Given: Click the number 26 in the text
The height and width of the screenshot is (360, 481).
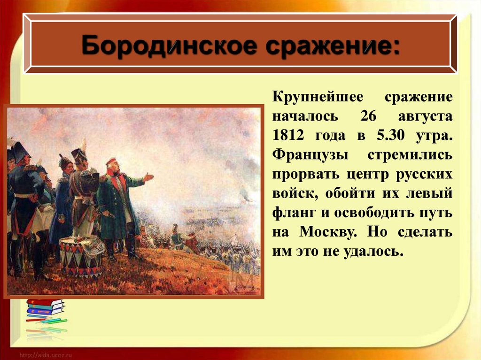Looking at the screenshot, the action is point(368,116).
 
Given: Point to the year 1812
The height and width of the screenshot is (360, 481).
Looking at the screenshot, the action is point(288,135).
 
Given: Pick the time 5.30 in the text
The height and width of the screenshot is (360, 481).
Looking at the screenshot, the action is point(390,135).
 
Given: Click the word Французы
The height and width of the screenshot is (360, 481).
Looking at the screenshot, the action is point(310,155).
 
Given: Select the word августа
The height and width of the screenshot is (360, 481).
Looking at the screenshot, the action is point(425,117).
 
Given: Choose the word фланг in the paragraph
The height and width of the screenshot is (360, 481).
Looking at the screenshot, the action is point(294,213).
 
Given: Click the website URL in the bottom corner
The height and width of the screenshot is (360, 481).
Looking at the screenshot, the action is point(46,355).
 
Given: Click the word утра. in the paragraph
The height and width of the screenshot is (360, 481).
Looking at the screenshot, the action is point(434,136).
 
